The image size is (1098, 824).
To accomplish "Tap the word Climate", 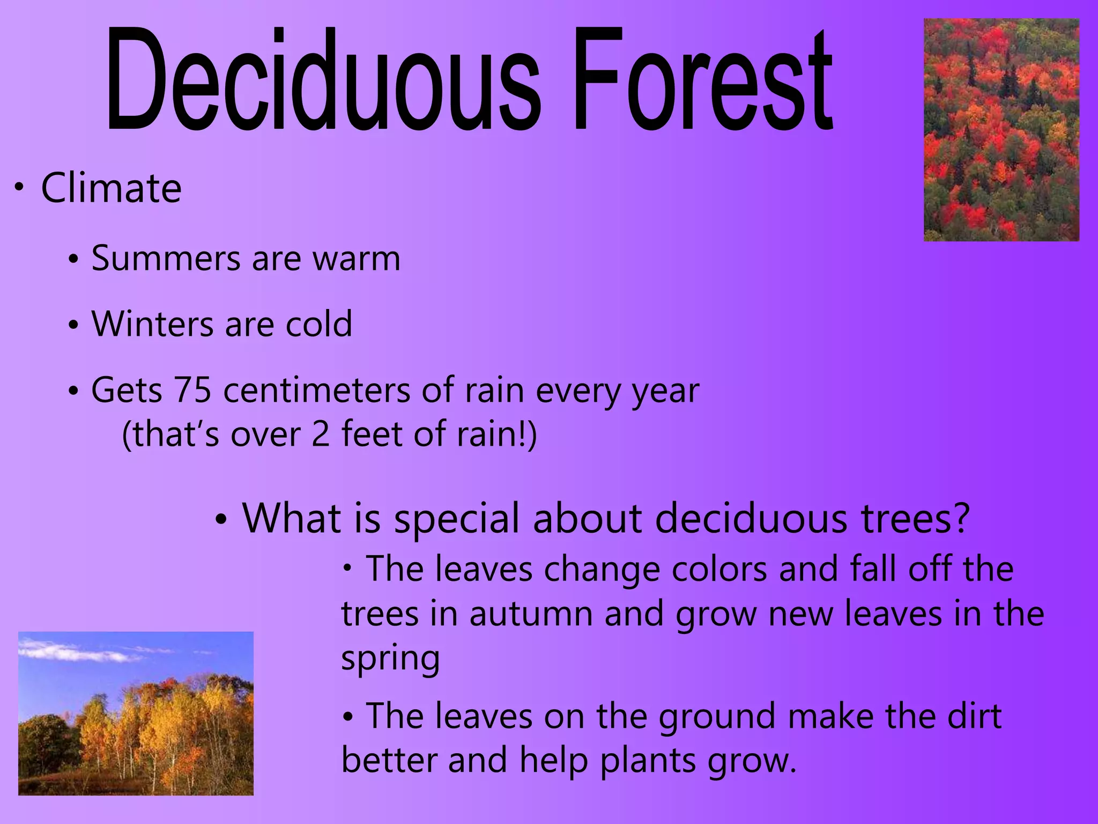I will click(112, 188).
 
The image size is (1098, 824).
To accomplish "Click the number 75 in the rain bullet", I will click(192, 390).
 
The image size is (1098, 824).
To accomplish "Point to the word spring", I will click(390, 659).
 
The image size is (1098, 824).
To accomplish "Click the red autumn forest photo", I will click(1001, 130).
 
